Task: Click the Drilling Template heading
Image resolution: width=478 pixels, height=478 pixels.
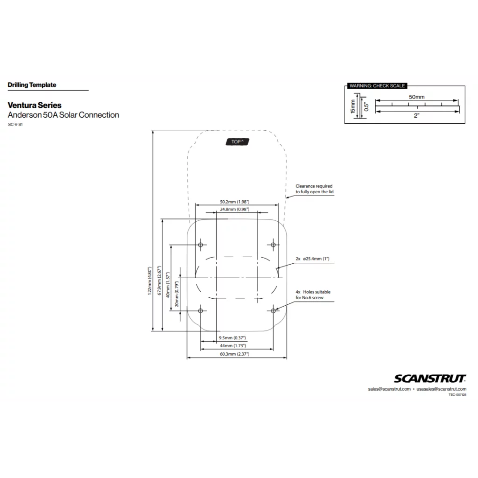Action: [32, 85]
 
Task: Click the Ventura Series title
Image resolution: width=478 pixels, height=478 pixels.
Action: [35, 105]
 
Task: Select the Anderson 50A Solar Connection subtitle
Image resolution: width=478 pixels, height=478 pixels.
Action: [63, 115]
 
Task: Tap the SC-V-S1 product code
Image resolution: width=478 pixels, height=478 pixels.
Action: [16, 125]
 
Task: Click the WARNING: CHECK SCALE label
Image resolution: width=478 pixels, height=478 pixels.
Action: [377, 86]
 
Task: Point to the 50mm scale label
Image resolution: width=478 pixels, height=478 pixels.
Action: [417, 97]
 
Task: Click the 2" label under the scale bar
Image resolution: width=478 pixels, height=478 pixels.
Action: [417, 116]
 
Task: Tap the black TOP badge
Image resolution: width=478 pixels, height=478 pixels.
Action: [238, 141]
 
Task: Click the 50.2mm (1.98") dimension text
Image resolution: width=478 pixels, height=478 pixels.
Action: [234, 202]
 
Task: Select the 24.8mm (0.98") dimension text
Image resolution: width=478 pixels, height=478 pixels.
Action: [234, 210]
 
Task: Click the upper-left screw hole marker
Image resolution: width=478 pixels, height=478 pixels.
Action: [201, 245]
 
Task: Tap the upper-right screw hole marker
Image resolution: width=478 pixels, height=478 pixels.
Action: [274, 245]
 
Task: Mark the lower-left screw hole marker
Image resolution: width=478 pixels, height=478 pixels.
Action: [201, 310]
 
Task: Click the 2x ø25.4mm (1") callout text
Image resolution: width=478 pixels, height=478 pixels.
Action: [313, 259]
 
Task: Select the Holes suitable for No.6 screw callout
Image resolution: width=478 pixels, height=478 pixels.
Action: [313, 295]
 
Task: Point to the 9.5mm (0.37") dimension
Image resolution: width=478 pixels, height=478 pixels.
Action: [232, 337]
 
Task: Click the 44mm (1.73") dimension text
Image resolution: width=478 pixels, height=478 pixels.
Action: [233, 346]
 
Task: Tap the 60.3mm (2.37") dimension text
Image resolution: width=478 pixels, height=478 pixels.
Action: [234, 354]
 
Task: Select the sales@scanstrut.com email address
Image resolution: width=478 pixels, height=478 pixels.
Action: [389, 389]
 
